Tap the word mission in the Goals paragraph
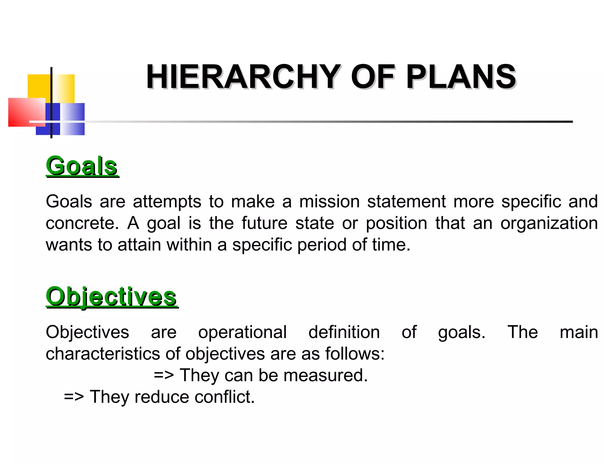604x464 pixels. click(329, 202)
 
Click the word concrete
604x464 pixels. click(82, 223)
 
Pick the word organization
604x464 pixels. click(549, 223)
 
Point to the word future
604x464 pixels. click(264, 223)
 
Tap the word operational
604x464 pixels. click(242, 332)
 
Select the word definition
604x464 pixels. click(344, 332)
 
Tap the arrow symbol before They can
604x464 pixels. click(164, 376)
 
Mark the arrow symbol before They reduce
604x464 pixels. click(74, 397)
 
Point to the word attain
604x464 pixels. click(139, 245)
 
